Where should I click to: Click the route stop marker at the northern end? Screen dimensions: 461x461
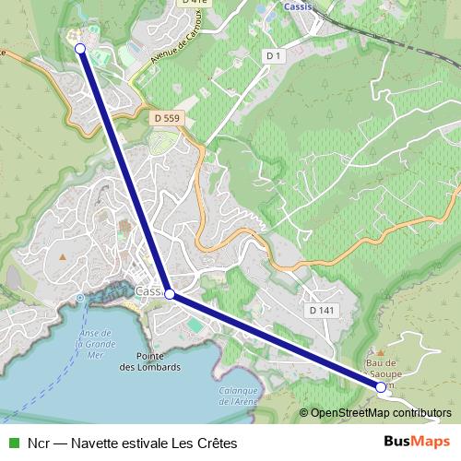(x=79, y=48)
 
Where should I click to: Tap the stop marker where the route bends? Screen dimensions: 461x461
(x=169, y=295)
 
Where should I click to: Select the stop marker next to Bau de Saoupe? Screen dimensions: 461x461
(x=381, y=388)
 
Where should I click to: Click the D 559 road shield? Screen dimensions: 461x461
(x=167, y=118)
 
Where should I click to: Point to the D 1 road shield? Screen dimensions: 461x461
(x=272, y=56)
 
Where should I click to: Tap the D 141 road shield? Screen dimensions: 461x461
(x=322, y=311)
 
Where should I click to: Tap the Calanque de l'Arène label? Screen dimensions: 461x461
(x=238, y=395)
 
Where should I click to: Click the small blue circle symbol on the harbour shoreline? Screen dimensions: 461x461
(x=80, y=298)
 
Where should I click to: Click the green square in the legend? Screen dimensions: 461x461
(x=13, y=443)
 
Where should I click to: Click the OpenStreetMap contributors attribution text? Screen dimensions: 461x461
(x=380, y=413)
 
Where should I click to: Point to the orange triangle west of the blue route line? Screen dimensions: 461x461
(x=63, y=256)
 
